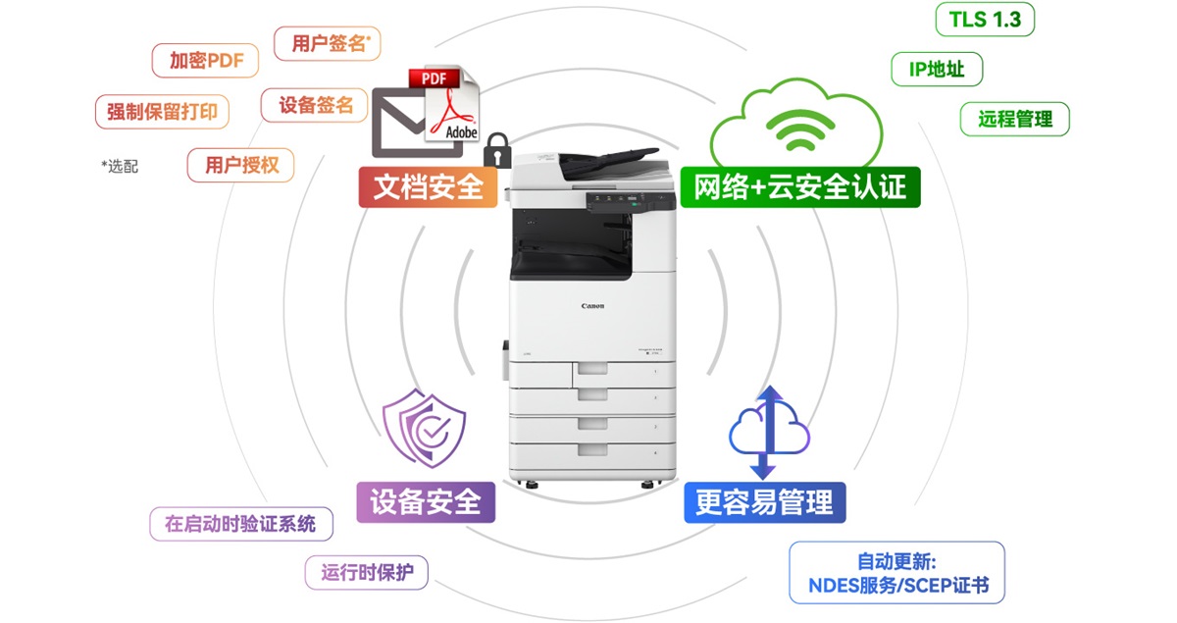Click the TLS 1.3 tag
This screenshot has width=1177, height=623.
coord(985,20)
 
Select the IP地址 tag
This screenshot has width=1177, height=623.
coord(937,69)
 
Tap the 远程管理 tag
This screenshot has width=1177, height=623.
coord(1014,119)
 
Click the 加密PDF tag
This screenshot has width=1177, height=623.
coord(205,60)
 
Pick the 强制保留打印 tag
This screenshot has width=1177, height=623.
coord(162,111)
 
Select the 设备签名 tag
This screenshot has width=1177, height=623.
coord(315,105)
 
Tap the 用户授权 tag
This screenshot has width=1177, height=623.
coord(241,165)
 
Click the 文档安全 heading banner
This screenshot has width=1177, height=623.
coord(428,186)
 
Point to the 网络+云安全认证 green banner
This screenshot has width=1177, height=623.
coord(799,186)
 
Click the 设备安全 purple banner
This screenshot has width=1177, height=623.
coord(426,501)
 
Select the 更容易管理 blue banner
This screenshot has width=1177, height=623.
coord(764,502)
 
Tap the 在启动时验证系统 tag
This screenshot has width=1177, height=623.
coord(240,524)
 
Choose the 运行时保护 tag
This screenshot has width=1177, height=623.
coord(367,572)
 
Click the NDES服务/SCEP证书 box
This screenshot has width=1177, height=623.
coord(896,573)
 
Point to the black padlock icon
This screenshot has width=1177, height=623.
coord(497,151)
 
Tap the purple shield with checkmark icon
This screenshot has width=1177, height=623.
coord(425,428)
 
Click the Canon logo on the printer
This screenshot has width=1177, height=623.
coord(592,306)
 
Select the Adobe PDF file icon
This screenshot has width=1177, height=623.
coord(449,105)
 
